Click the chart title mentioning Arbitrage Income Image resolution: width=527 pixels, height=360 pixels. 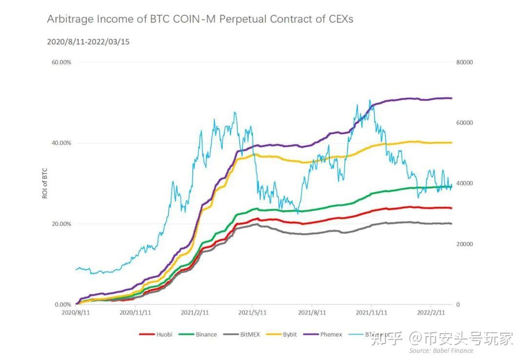click(x=200, y=19)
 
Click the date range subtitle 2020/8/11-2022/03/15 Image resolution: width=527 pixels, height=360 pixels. click(x=88, y=42)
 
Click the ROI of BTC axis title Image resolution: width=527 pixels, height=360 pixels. click(x=44, y=183)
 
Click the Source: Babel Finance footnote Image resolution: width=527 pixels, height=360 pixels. click(x=441, y=350)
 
